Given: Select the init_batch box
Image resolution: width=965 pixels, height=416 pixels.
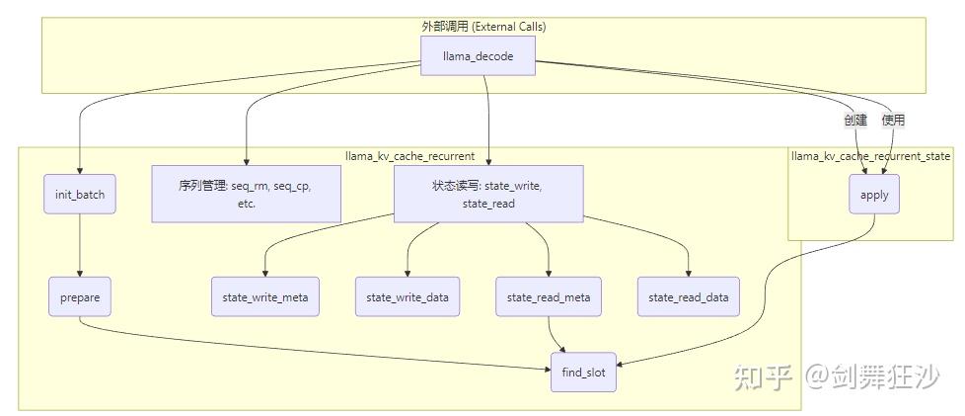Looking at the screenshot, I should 80,195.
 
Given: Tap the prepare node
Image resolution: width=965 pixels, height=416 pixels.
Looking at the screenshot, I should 80,296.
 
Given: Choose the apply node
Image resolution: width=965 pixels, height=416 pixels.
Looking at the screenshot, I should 874,195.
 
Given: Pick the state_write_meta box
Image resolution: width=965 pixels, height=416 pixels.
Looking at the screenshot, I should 265,296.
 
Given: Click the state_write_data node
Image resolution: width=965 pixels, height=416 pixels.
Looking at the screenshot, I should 408,296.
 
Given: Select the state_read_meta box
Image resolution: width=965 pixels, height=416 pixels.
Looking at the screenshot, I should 549,296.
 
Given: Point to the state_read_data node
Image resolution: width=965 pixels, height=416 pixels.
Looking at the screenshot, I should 690,296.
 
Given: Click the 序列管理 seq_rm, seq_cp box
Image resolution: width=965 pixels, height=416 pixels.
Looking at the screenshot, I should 246,194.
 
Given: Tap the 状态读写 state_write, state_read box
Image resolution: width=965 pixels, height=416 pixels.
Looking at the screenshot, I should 487,194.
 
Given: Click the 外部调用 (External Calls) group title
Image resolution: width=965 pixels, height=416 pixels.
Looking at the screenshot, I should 483,27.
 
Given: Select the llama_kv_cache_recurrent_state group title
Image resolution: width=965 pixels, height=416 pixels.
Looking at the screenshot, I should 871,155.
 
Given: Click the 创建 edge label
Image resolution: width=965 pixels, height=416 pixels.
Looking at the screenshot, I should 854,120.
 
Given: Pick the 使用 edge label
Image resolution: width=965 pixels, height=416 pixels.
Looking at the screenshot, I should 893,120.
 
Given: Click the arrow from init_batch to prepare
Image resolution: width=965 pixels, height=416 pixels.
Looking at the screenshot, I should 80,247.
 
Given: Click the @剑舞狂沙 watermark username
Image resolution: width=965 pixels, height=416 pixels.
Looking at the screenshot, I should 872,376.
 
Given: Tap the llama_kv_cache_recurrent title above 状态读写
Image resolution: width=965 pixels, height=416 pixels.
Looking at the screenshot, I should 409,155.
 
